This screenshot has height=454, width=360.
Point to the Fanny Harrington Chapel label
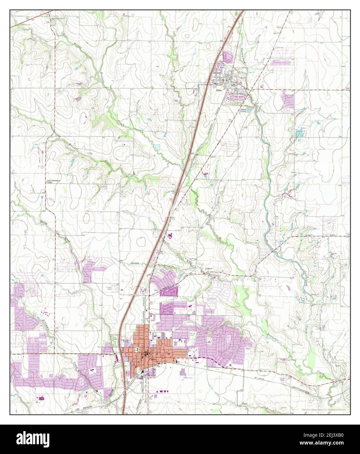click(x=53, y=181)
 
